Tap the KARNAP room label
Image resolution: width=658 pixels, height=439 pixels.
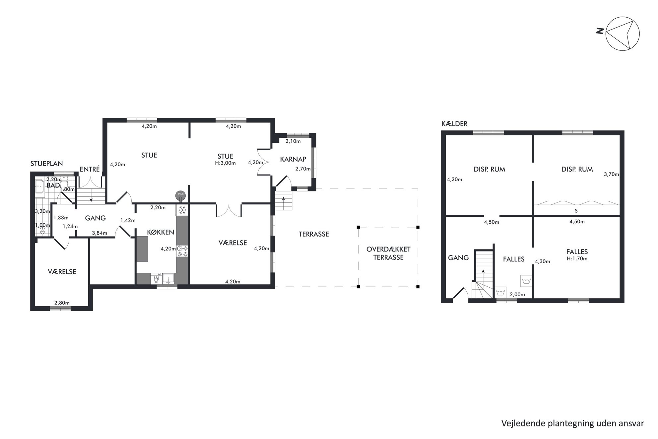(x=293, y=159)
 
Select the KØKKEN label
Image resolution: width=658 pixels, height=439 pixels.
(x=161, y=232)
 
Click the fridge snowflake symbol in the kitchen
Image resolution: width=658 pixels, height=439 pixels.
(x=182, y=210)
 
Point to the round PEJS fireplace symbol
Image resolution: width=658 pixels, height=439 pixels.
(x=181, y=195)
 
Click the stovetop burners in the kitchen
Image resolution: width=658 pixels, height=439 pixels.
(x=183, y=251)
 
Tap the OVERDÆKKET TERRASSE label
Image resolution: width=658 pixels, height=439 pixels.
(x=388, y=253)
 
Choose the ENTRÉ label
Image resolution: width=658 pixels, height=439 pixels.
(x=90, y=169)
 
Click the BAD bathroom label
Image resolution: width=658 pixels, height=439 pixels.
(x=53, y=185)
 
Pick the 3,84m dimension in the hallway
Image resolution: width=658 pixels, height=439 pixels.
(x=99, y=233)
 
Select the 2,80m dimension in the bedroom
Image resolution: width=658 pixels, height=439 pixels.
(x=62, y=303)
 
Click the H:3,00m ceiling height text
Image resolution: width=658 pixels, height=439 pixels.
(x=226, y=163)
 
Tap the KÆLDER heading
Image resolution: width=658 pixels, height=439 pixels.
(x=454, y=124)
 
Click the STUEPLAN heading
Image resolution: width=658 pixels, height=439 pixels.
(x=46, y=164)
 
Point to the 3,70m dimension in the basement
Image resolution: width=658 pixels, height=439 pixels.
(x=611, y=174)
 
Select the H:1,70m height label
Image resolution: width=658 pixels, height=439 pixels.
(x=577, y=258)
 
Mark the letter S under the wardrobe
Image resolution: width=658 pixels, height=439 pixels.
(x=576, y=211)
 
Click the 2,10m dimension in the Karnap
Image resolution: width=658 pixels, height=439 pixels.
(x=293, y=141)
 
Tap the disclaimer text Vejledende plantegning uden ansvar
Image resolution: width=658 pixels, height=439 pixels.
(x=573, y=423)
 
